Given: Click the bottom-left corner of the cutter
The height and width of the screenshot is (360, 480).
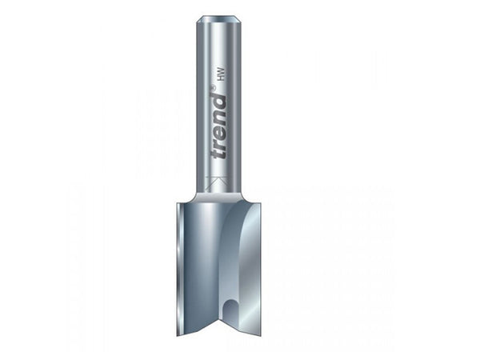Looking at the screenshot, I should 179,334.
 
